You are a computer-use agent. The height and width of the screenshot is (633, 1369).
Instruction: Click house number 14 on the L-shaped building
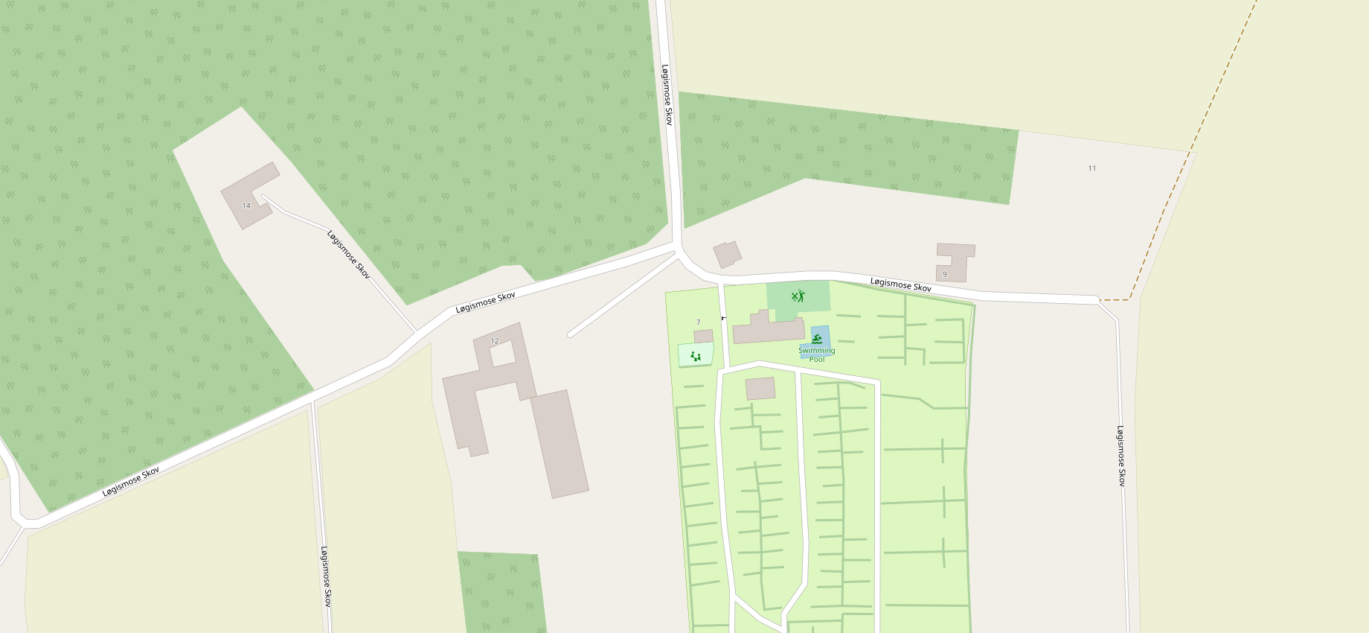pos(246,206)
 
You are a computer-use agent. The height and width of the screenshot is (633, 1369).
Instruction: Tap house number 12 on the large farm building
pos(495,341)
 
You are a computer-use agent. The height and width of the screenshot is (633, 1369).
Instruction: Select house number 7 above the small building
pos(698,322)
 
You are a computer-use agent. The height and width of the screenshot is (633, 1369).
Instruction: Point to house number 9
pos(945,274)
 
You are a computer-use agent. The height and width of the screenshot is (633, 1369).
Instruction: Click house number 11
pos(1092,168)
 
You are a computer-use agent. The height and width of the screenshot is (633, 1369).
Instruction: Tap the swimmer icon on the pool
pos(817,339)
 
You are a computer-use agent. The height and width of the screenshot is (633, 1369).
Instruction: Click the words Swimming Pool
pos(817,354)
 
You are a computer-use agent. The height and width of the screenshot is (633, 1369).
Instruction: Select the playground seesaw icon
pos(696,356)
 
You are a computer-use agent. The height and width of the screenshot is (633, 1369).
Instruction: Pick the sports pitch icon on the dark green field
pos(798,296)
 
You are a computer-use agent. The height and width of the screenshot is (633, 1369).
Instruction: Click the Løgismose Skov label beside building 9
pos(900,285)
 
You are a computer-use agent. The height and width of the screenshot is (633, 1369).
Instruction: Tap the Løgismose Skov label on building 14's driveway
pos(348,255)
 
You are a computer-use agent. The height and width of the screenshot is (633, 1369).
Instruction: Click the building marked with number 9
pos(955,261)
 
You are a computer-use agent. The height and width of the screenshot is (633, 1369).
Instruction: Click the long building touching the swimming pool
pos(768,330)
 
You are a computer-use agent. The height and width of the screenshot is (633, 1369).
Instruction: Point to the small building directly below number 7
pos(703,337)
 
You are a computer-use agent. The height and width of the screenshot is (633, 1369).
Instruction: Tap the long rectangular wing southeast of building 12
pos(560,444)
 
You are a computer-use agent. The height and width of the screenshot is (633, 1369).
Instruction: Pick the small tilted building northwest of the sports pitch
pos(727,254)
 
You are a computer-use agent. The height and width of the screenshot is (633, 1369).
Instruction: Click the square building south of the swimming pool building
pos(760,388)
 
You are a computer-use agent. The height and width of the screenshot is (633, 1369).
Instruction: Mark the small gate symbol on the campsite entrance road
pos(723,318)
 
